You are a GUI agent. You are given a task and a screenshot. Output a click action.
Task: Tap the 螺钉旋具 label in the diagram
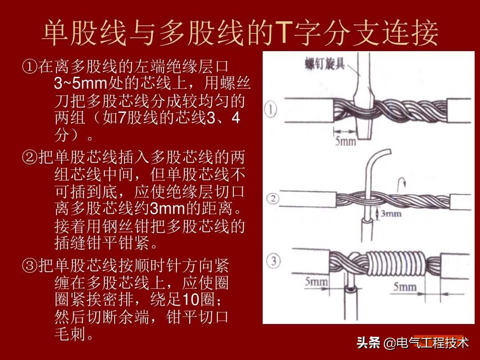325,64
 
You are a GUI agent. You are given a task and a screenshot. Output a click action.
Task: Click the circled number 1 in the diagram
272,109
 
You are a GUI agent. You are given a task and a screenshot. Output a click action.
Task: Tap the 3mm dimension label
391,214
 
